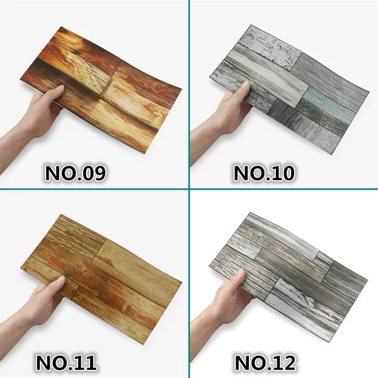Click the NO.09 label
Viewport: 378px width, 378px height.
[75, 173]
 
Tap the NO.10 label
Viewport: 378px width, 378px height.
[264, 173]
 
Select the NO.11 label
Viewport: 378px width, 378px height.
[66, 363]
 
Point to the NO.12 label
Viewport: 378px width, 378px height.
[265, 363]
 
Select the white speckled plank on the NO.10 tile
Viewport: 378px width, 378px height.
[270, 49]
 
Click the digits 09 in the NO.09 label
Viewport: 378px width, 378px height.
[93, 173]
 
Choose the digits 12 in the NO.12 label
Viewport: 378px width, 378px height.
[283, 363]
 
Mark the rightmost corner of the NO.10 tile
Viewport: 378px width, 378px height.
[369, 91]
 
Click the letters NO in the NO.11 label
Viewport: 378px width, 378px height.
[49, 363]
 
